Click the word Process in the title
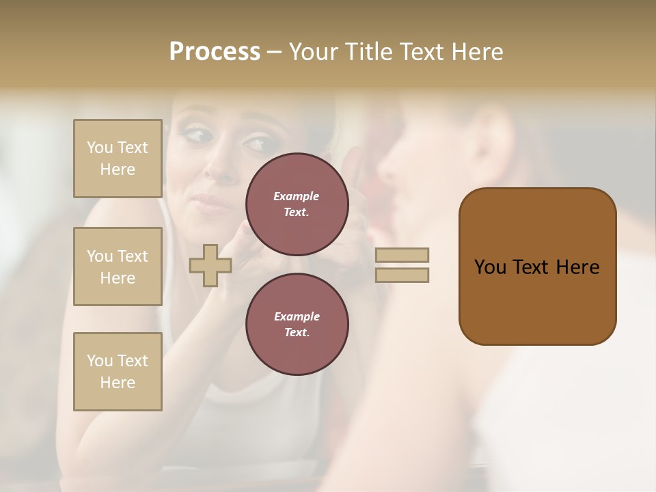(215, 52)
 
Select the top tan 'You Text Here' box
(118, 159)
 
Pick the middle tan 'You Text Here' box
(118, 266)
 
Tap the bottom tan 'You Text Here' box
(118, 372)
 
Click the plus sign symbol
(210, 265)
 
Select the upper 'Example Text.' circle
(297, 204)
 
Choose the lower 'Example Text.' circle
(297, 325)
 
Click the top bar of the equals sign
(402, 256)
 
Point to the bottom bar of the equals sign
(402, 275)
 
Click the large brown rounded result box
(537, 266)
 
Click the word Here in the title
(476, 52)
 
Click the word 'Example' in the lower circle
(297, 316)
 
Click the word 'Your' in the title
(312, 52)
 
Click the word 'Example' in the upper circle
(297, 196)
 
